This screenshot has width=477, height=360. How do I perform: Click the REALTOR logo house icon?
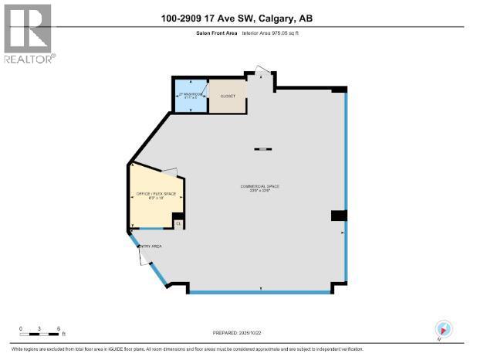[28, 27]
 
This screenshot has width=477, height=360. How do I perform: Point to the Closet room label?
[228, 97]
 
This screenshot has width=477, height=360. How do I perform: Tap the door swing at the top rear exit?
[263, 74]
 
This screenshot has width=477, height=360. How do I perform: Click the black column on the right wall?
[338, 215]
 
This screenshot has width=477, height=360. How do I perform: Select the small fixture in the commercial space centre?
[262, 148]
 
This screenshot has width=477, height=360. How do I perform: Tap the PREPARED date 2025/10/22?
[238, 333]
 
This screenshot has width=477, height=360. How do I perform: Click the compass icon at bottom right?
[443, 328]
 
